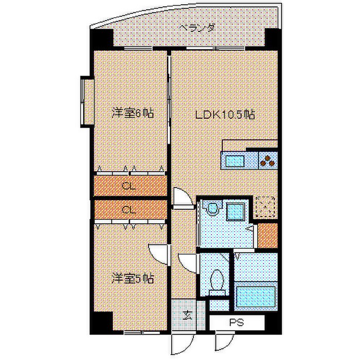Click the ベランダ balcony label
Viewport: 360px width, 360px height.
190,29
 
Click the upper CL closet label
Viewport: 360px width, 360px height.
129,186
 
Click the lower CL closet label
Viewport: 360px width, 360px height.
129,209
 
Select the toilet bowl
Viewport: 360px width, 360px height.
218,280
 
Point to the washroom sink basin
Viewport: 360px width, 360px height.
210,210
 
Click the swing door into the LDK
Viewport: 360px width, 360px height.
181,197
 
